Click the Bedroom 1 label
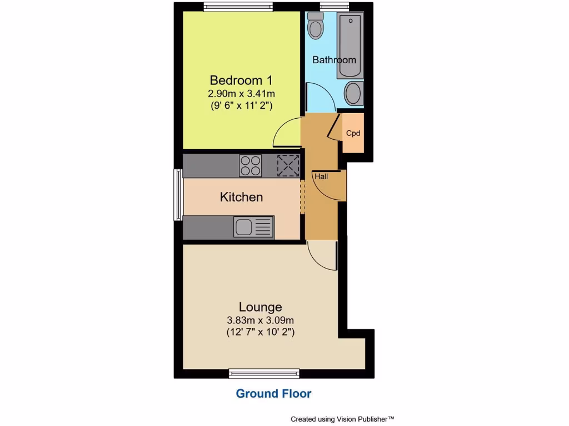point(241,80)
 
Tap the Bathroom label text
point(333,60)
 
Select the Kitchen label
point(241,197)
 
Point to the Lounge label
point(260,307)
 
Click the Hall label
point(321,176)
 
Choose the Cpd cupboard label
point(353,133)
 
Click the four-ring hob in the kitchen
point(250,165)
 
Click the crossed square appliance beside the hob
point(288,165)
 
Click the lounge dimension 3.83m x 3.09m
point(260,320)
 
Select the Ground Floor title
point(273,394)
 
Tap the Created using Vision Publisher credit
point(342,419)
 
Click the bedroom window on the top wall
point(238,7)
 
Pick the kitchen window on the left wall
point(178,194)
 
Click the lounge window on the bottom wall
point(264,374)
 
